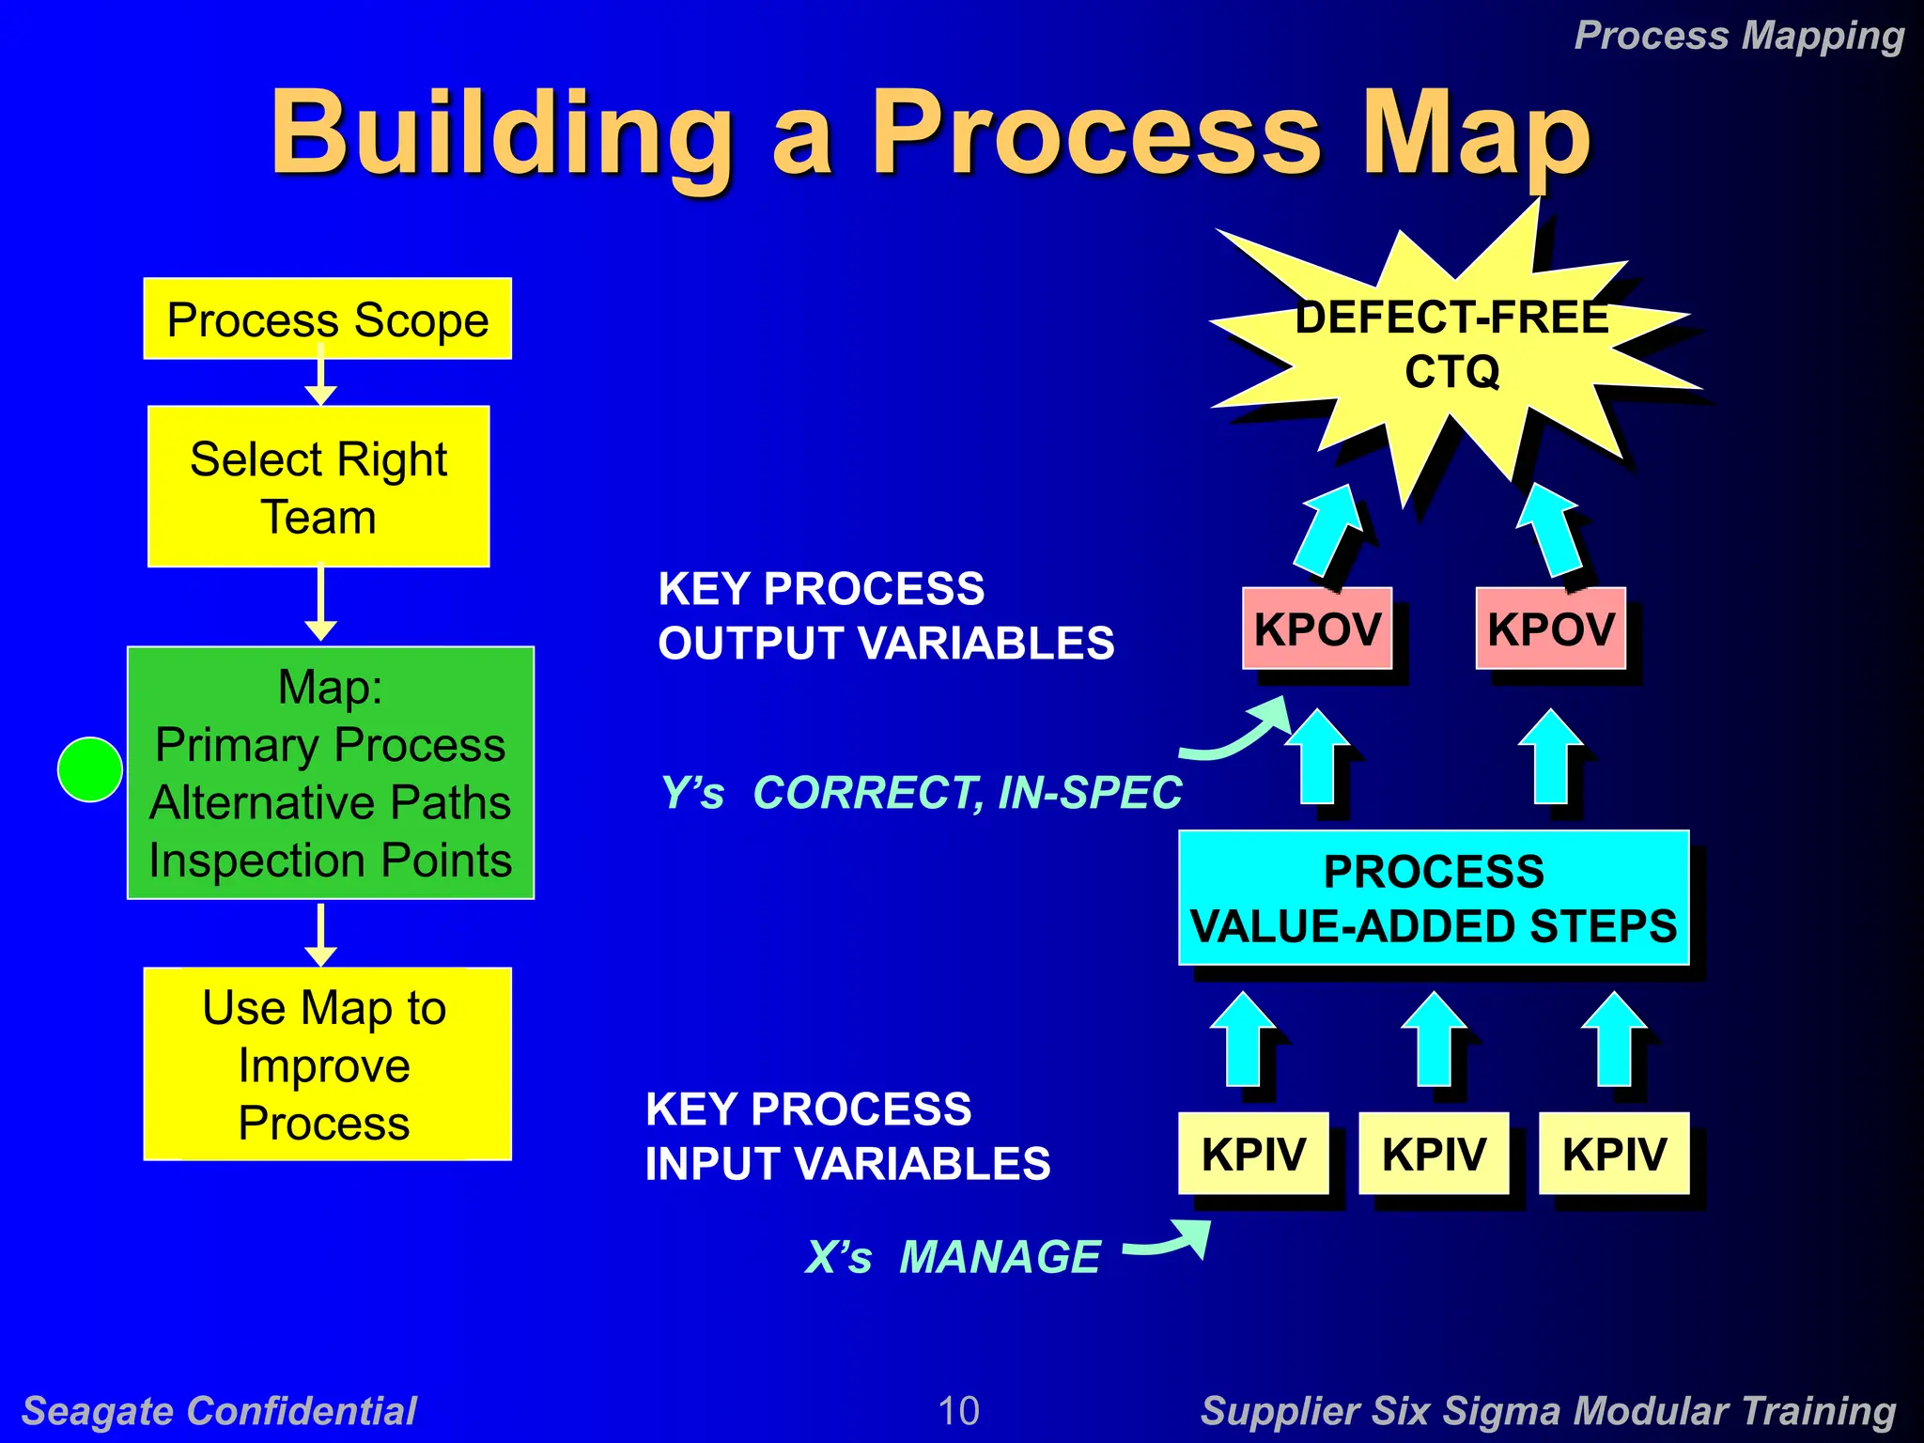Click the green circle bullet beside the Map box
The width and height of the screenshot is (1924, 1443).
[x=90, y=769]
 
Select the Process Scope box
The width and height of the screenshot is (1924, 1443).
[x=327, y=318]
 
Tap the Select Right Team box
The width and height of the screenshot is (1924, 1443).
[x=318, y=487]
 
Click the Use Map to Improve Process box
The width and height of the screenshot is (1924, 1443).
[x=327, y=1063]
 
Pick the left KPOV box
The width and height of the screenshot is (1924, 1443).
[x=1317, y=628]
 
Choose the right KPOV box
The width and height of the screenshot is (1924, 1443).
[x=1550, y=628]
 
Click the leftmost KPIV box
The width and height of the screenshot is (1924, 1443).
[x=1253, y=1154]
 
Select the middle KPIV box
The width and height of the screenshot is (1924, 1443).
[x=1434, y=1154]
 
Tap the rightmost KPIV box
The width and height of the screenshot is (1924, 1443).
[x=1614, y=1154]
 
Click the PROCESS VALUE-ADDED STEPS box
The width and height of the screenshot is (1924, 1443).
[x=1434, y=898]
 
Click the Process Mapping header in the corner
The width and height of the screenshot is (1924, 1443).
[x=1739, y=36]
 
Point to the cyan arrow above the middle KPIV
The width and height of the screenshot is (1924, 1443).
[x=1434, y=1039]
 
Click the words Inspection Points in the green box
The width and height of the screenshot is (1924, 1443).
[x=330, y=861]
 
